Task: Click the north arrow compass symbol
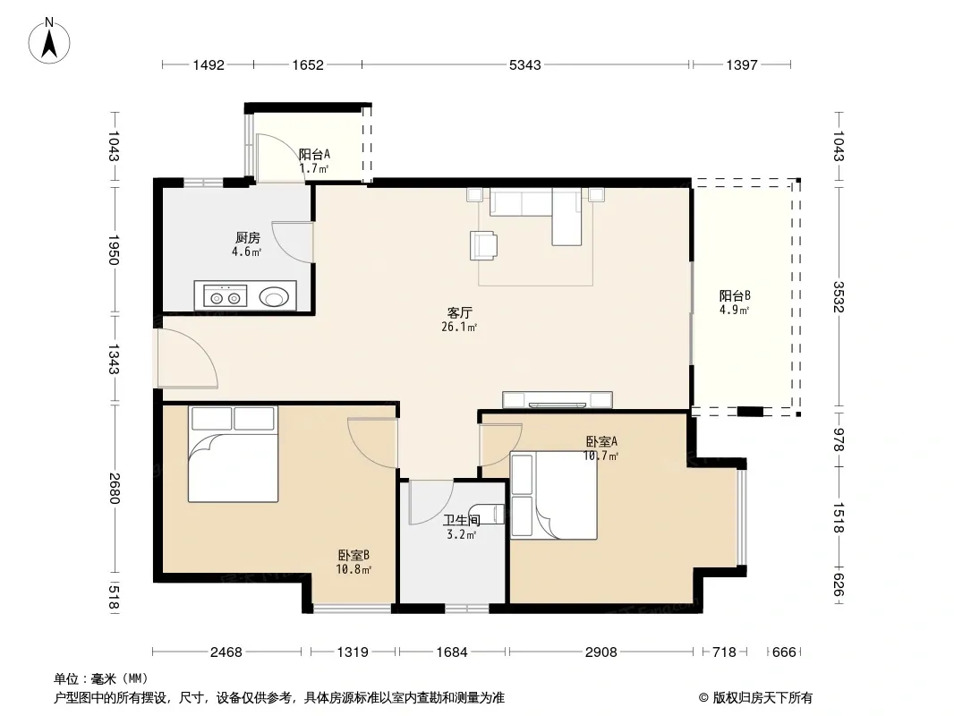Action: tap(49, 41)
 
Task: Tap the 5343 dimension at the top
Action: tap(524, 65)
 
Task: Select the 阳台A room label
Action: tap(314, 155)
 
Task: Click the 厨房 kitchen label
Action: tap(248, 238)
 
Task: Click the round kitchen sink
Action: tap(273, 297)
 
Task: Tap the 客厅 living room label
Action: tap(459, 312)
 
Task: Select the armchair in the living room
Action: tap(483, 245)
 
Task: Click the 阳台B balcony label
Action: tap(735, 295)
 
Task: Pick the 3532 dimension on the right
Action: tap(839, 296)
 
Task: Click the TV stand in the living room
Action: tap(558, 399)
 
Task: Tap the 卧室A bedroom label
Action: tap(601, 441)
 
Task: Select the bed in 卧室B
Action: tap(233, 454)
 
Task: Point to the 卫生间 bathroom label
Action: tap(461, 520)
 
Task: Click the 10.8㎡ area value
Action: tap(353, 569)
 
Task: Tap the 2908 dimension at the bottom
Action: tap(601, 652)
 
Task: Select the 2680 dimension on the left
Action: tap(114, 489)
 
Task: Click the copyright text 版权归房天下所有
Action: tap(762, 698)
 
